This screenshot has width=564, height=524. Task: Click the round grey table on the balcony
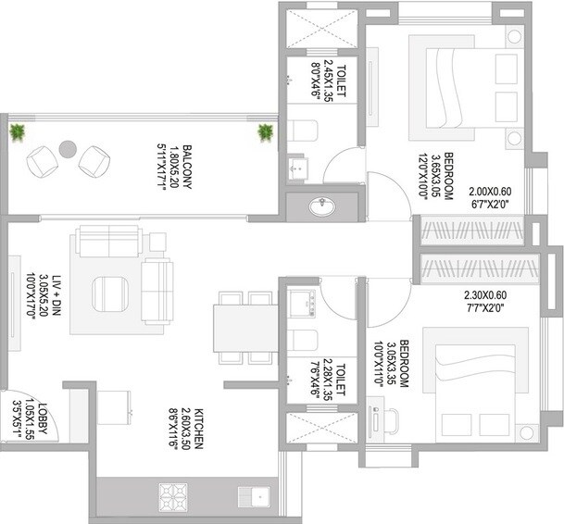click(67, 148)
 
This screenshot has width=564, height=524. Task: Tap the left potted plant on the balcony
click(17, 134)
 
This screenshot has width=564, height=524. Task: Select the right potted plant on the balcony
click(266, 132)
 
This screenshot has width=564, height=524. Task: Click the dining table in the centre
click(244, 330)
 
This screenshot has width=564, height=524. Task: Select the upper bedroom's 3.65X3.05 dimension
click(448, 176)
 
